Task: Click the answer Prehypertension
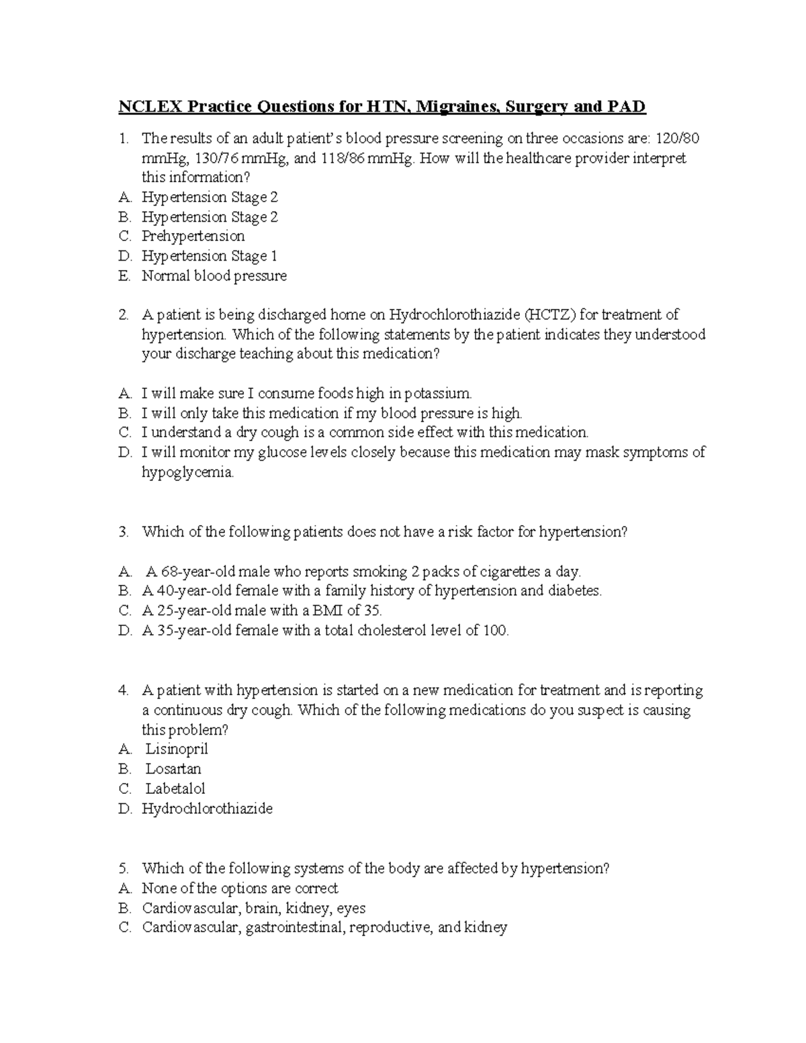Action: (193, 236)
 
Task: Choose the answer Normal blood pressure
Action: (214, 275)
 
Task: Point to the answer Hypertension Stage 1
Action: (209, 256)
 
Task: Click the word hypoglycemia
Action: (187, 472)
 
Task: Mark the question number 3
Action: (123, 532)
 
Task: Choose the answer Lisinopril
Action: (177, 749)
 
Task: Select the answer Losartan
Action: (173, 769)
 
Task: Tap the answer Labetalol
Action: (175, 788)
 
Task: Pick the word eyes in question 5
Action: (351, 909)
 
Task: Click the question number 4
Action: (123, 690)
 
